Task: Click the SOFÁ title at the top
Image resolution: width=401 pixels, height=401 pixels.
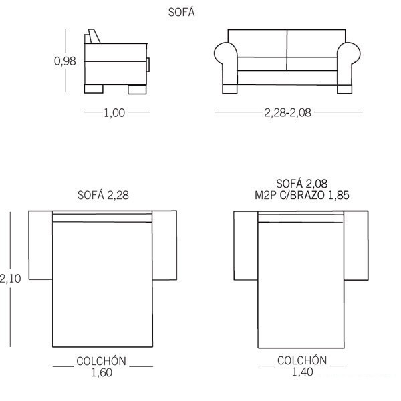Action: coord(181,12)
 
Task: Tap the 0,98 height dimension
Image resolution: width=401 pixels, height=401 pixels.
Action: coord(65,61)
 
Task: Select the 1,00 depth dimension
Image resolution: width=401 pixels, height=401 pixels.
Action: coord(114,113)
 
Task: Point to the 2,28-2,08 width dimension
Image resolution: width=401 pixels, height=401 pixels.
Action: coord(287,112)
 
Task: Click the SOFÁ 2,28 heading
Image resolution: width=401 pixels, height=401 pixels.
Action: coord(103,195)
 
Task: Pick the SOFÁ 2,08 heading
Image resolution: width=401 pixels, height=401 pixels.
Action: coord(302,184)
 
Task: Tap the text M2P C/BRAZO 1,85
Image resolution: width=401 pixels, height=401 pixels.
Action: coord(302,195)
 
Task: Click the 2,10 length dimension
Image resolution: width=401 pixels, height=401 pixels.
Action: coord(10,279)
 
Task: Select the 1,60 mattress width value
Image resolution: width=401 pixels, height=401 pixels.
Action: coord(102,373)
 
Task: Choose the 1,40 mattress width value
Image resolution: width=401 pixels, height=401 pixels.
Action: coord(303,372)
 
